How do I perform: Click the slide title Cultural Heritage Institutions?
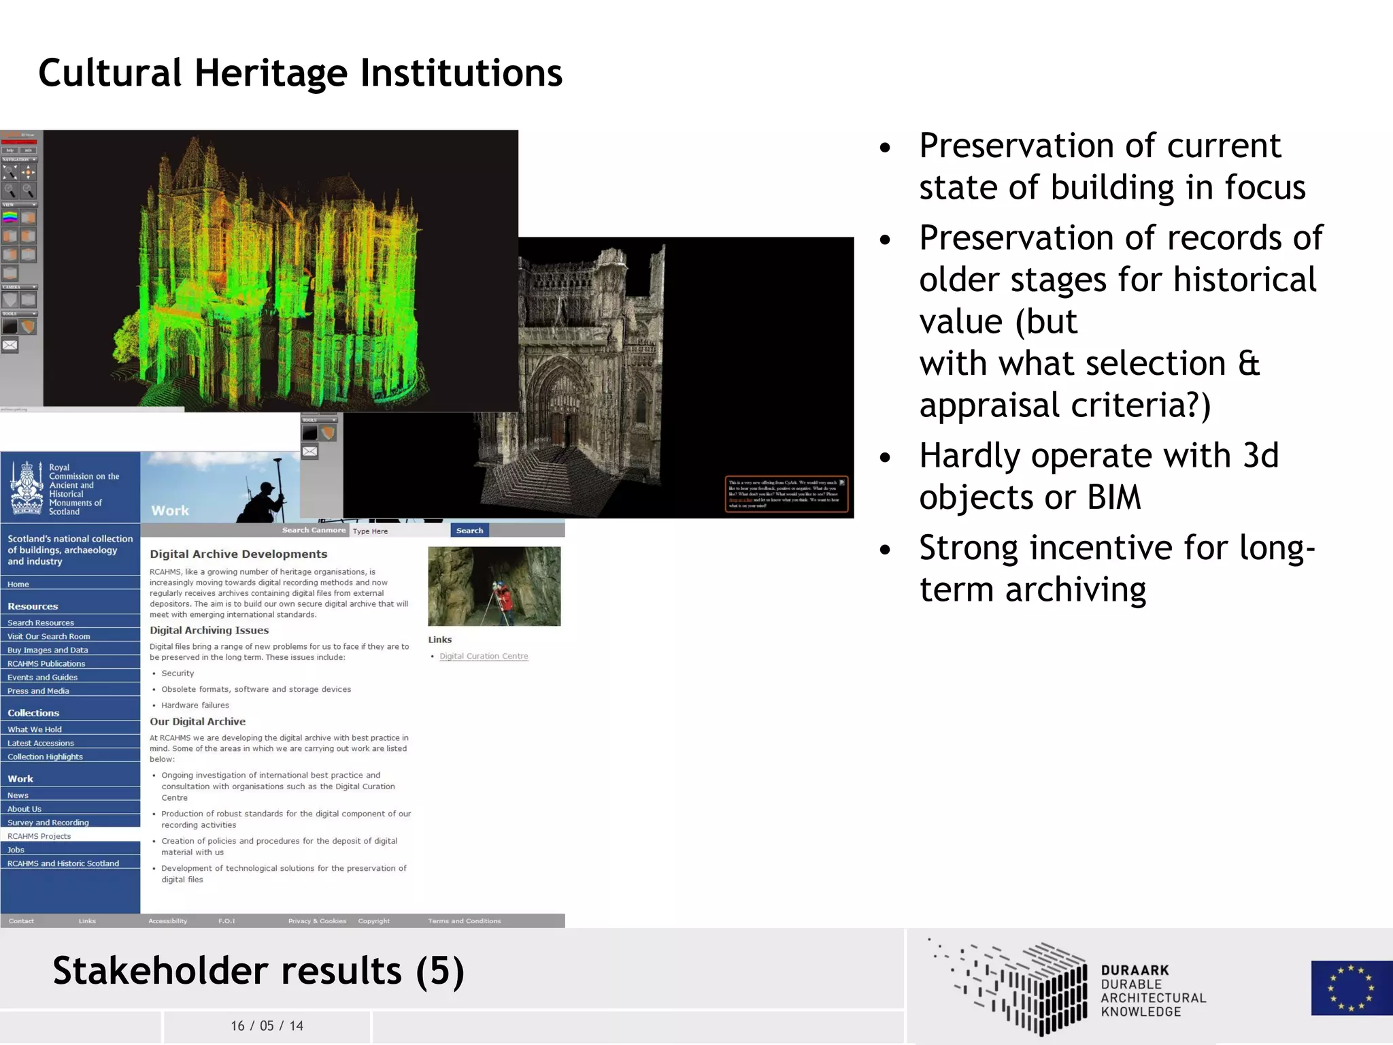[300, 73]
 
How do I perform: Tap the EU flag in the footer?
[1351, 988]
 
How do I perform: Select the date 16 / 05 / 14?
[267, 1026]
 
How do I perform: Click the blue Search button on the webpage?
[469, 531]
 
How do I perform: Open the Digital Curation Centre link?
[484, 657]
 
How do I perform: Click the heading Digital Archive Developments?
[238, 554]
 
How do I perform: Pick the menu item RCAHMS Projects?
[39, 836]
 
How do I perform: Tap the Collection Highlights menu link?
[45, 757]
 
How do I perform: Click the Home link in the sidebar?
[18, 584]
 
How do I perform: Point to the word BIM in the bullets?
[1113, 497]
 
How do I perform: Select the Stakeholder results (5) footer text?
[258, 971]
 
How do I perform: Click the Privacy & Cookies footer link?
[317, 921]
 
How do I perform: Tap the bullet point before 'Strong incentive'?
[885, 550]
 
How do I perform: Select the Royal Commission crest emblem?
[27, 488]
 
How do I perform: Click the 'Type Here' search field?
[399, 531]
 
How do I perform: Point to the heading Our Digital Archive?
[197, 722]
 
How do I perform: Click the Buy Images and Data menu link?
[48, 650]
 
